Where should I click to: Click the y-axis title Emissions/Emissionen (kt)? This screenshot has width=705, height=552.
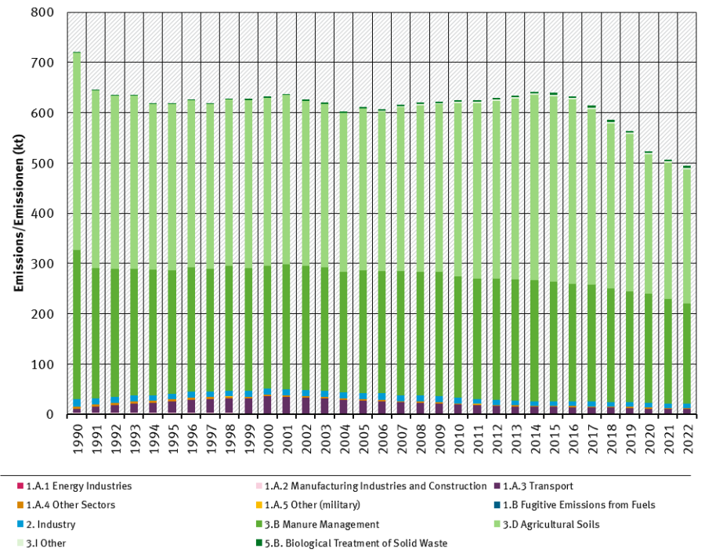pyautogui.click(x=16, y=213)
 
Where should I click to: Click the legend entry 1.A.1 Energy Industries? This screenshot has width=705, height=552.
pyautogui.click(x=78, y=485)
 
